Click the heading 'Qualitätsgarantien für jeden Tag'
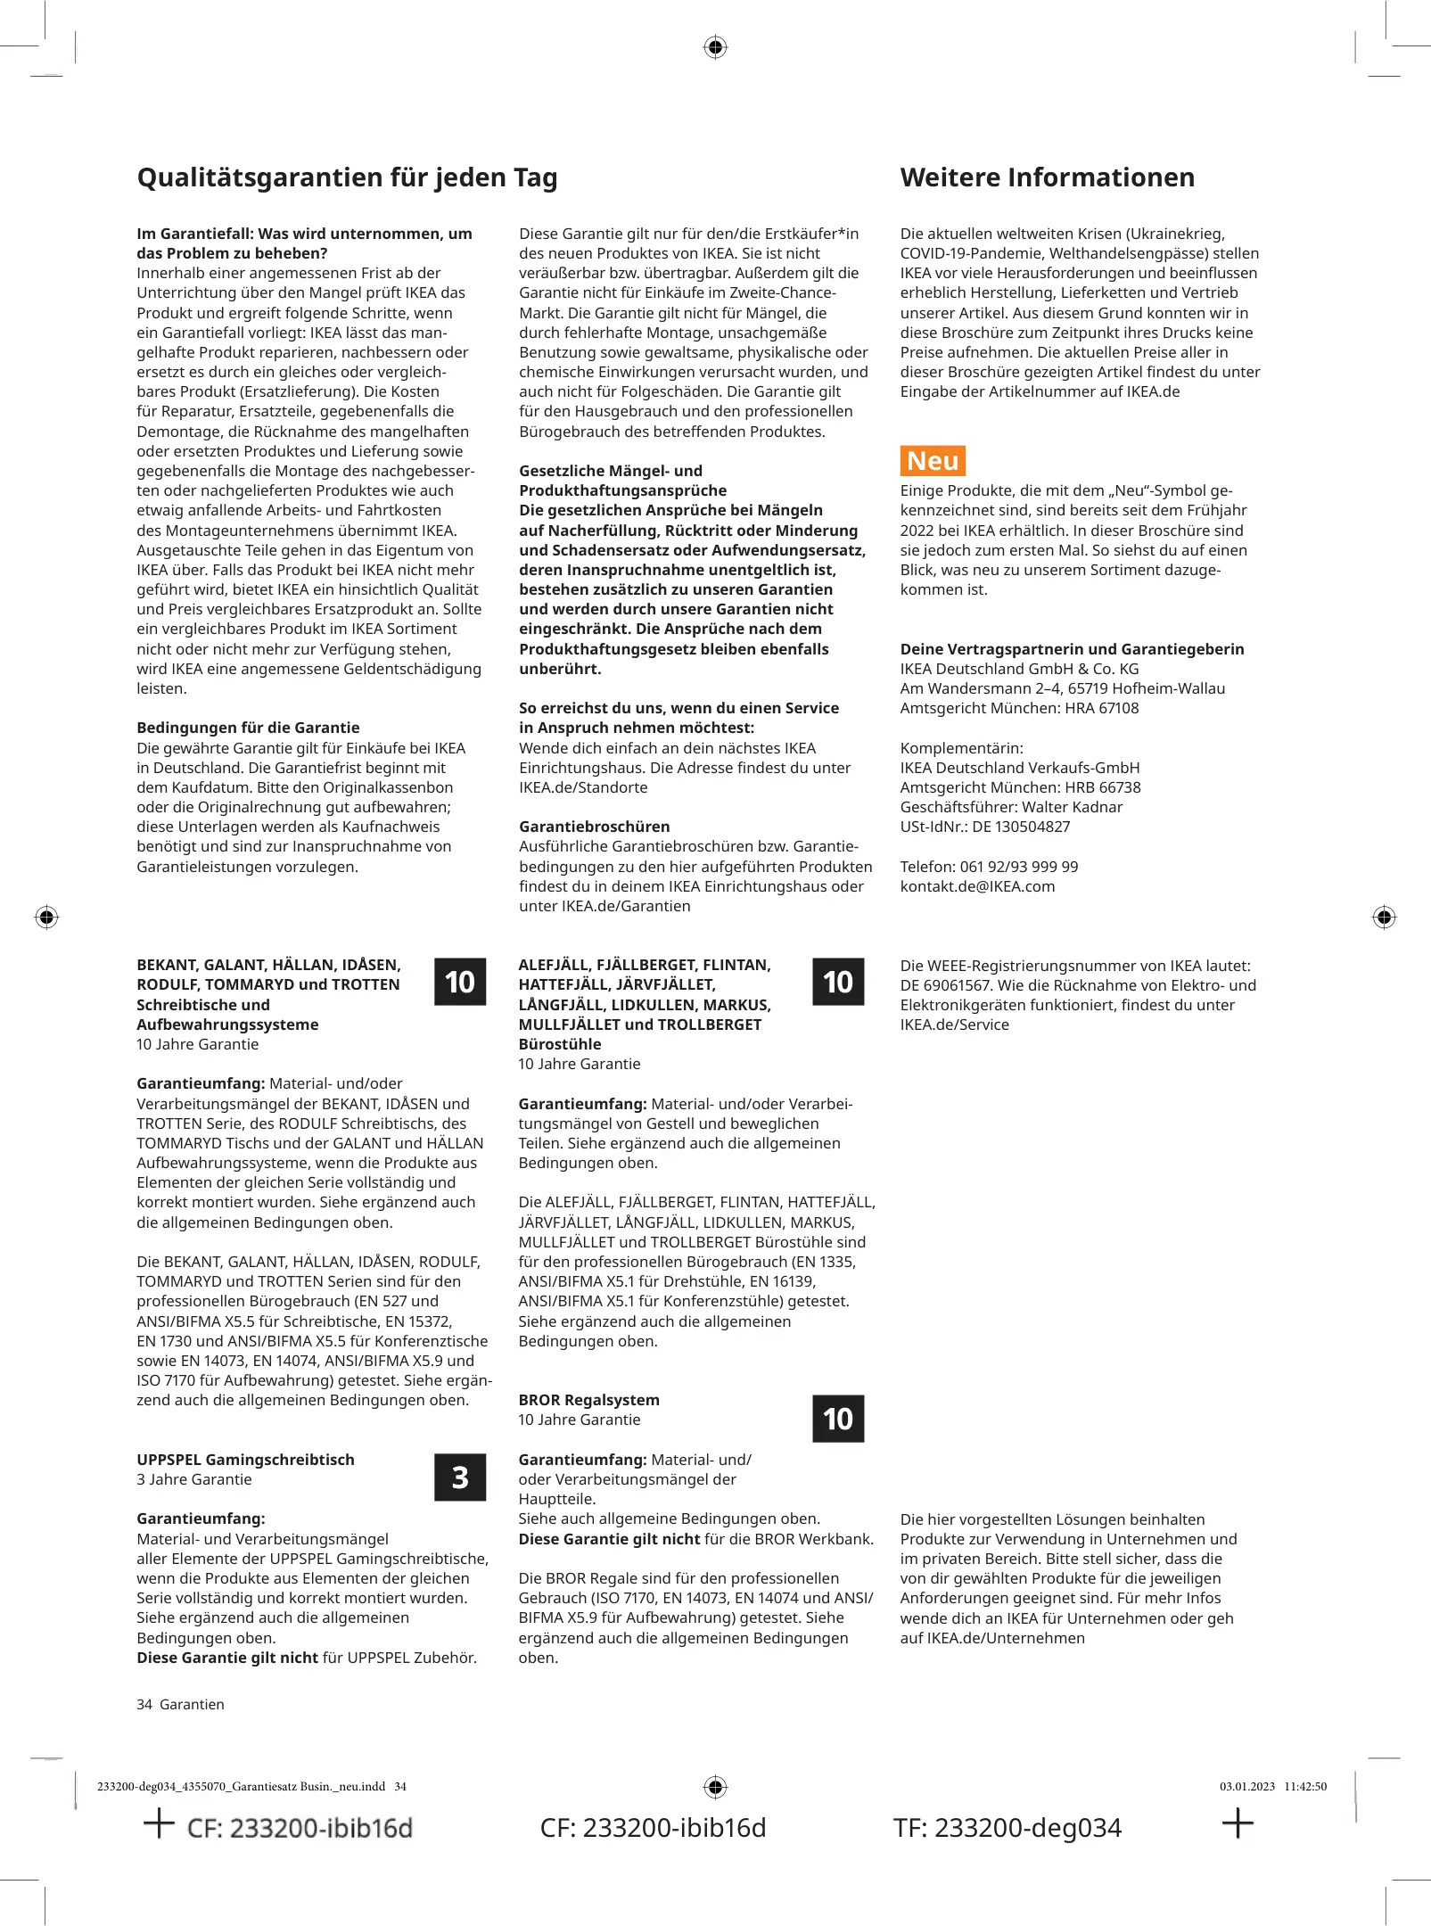pos(347,177)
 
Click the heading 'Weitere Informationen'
pos(1047,177)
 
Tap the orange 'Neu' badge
pos(933,461)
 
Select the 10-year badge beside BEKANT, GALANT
pos(460,982)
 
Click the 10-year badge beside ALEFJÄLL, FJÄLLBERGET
pos(838,982)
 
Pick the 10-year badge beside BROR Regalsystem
pos(838,1419)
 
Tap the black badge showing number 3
pos(460,1477)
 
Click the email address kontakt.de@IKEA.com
pos(977,886)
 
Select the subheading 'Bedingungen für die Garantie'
pos(248,728)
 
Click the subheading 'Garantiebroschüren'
pos(594,827)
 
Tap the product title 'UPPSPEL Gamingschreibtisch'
pos(245,1460)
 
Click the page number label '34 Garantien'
pos(180,1704)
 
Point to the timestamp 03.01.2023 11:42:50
pos(1272,1786)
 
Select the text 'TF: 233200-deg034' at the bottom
pos(1007,1828)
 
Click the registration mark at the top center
pos(715,47)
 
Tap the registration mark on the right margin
pos(1384,917)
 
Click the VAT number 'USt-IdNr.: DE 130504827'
pos(984,827)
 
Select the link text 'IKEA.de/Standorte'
pos(583,787)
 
